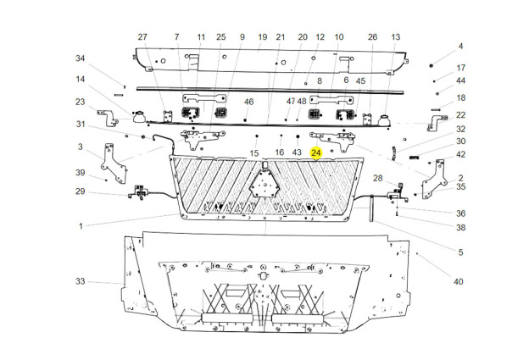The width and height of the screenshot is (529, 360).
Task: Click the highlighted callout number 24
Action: (316, 152)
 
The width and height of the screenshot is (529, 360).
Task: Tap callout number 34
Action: (81, 58)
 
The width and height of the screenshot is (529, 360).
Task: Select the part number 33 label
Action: (81, 281)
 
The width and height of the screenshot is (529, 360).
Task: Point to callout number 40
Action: (458, 281)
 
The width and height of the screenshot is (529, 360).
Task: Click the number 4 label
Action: (461, 46)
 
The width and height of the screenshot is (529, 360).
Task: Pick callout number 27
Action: (142, 37)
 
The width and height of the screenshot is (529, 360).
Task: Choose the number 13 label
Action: (396, 37)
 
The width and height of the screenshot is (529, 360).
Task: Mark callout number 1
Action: (81, 226)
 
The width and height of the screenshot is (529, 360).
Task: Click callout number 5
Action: (461, 252)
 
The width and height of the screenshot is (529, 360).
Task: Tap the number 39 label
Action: (81, 173)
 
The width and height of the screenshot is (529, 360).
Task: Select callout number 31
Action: (81, 125)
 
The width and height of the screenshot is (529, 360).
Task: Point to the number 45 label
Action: (360, 80)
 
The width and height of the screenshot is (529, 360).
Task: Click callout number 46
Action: (249, 102)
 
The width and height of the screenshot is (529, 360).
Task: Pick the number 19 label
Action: (262, 37)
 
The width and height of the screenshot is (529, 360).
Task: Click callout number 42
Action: (461, 154)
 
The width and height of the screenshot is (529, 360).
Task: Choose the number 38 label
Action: (461, 227)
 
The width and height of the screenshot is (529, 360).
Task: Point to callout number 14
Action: (81, 80)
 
